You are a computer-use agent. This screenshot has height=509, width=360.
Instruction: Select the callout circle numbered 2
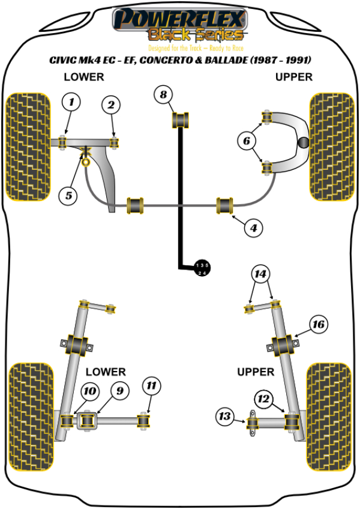pos(110,106)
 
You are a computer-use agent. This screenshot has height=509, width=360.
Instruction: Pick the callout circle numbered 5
pos(68,195)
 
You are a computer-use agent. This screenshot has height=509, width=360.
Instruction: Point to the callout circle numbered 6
pos(245,142)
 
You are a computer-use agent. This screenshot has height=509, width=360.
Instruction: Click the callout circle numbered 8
pos(162,94)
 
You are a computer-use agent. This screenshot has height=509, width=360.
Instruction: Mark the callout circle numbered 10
pos(89,391)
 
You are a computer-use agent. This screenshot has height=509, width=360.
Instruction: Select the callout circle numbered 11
pos(151,386)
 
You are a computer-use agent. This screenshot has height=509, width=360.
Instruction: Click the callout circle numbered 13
pos(226,415)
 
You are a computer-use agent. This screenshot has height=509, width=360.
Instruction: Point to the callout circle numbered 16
pos(317,325)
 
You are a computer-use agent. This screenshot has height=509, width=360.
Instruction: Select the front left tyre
pos(27,146)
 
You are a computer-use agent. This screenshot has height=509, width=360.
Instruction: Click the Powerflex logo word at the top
pos(180,17)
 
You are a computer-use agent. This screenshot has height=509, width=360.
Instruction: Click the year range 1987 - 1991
pos(277,61)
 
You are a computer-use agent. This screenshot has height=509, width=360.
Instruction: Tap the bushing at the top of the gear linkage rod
pos(181,119)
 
